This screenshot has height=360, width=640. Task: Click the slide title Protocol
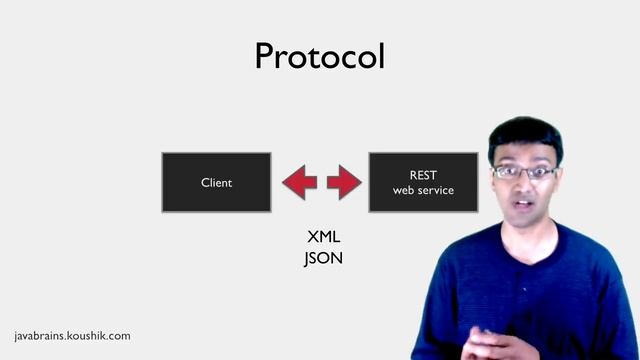pyautogui.click(x=319, y=56)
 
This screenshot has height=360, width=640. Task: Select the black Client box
pyautogui.click(x=216, y=182)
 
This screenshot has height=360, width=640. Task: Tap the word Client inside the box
pyautogui.click(x=216, y=183)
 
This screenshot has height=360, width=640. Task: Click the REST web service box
pyautogui.click(x=422, y=182)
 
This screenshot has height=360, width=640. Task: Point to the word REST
pyautogui.click(x=423, y=175)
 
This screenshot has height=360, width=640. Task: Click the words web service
pyautogui.click(x=423, y=190)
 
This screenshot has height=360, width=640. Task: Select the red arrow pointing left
pyautogui.click(x=299, y=182)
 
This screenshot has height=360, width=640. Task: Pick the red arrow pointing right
pyautogui.click(x=343, y=182)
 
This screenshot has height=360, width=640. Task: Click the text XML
pyautogui.click(x=324, y=239)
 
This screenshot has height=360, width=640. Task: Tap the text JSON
pyautogui.click(x=324, y=257)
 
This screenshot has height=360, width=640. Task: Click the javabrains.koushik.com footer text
pyautogui.click(x=72, y=337)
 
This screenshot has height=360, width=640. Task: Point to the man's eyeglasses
pyautogui.click(x=524, y=172)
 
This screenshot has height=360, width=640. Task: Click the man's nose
pyautogui.click(x=523, y=187)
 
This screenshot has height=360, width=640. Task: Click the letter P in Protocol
pyautogui.click(x=266, y=56)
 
